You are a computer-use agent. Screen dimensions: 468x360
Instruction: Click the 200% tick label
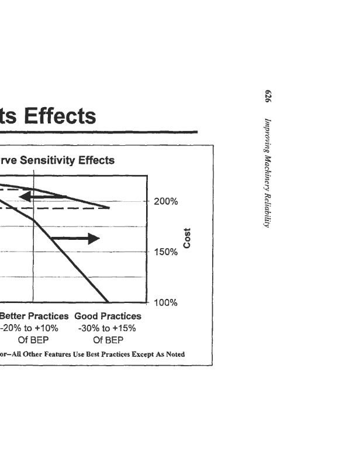click(167, 202)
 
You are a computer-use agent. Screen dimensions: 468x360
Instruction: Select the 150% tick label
click(167, 253)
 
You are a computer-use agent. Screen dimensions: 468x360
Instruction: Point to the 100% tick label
click(167, 303)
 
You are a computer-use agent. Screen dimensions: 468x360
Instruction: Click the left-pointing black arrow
click(42, 197)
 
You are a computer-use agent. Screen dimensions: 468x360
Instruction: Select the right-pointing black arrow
click(75, 238)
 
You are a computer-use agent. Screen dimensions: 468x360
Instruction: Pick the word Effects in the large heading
click(56, 116)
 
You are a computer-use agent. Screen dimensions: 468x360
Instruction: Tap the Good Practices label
click(108, 316)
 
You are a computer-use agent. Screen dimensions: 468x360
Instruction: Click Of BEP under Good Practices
click(108, 339)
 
